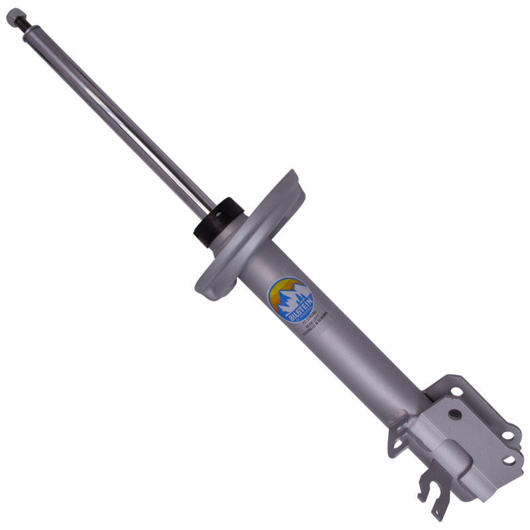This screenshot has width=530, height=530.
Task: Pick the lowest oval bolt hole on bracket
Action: tap(509, 458)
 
